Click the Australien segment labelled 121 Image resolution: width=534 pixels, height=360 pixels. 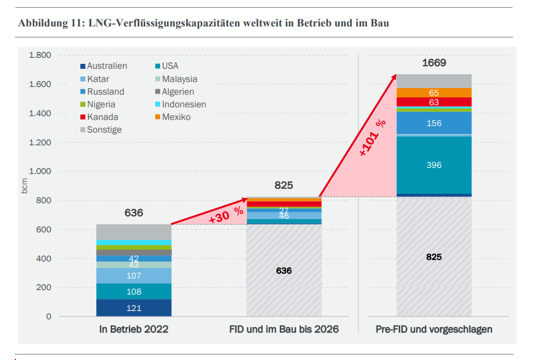pyautogui.click(x=134, y=308)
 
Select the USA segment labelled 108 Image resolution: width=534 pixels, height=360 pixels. pyautogui.click(x=134, y=291)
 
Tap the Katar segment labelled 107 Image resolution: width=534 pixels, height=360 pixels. pyautogui.click(x=134, y=275)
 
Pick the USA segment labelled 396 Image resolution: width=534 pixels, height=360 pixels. pyautogui.click(x=434, y=165)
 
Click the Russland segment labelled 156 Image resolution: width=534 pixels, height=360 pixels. pyautogui.click(x=434, y=123)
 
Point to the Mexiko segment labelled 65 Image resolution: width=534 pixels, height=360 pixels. pyautogui.click(x=434, y=92)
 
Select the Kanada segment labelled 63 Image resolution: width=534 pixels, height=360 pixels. pyautogui.click(x=434, y=102)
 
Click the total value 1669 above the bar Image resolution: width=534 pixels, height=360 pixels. pyautogui.click(x=434, y=63)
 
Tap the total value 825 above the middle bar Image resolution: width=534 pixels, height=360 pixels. pyautogui.click(x=284, y=185)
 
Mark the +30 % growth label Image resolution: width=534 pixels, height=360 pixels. pyautogui.click(x=226, y=215)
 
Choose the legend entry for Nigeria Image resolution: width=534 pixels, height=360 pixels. pyautogui.click(x=101, y=104)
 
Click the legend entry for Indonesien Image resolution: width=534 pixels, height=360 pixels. pyautogui.click(x=184, y=104)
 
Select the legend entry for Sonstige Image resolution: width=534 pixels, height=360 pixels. pyautogui.click(x=104, y=130)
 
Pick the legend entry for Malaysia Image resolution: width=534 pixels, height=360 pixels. pyautogui.click(x=179, y=79)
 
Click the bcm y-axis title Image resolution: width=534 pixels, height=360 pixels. pyautogui.click(x=24, y=186)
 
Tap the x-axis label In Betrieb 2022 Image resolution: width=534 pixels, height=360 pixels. pyautogui.click(x=134, y=330)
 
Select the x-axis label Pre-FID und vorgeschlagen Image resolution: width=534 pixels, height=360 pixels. pyautogui.click(x=434, y=330)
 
